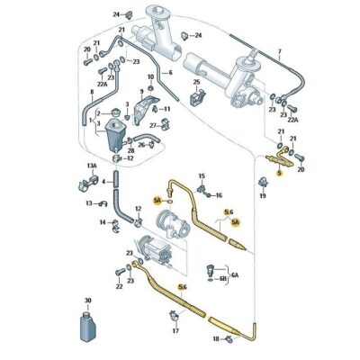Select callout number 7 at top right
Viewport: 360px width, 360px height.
point(280,51)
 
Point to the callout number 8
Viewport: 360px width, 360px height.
point(90,93)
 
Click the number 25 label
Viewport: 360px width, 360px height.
point(196,83)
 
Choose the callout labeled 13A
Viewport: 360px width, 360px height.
point(91,166)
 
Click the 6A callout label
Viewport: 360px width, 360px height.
point(236,273)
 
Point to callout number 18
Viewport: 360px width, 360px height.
point(215,339)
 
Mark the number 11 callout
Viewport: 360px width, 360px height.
point(166,108)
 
